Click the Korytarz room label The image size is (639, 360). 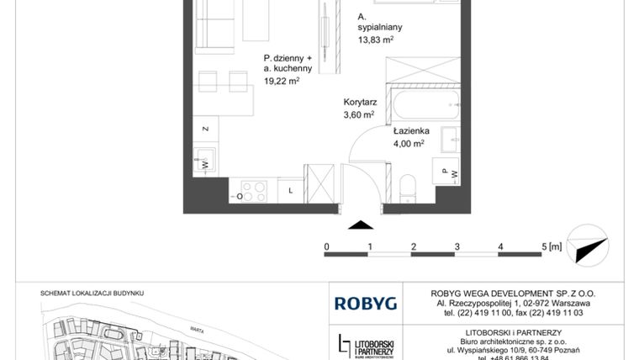coord(359,102)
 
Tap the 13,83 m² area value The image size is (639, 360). coord(376,40)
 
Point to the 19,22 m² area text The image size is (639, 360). coord(282,82)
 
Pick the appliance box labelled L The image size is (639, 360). coord(289,191)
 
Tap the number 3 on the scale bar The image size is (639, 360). coord(457,246)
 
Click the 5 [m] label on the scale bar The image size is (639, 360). coord(551,246)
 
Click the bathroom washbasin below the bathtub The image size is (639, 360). coord(450,139)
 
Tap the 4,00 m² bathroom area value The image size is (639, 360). coord(410,144)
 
